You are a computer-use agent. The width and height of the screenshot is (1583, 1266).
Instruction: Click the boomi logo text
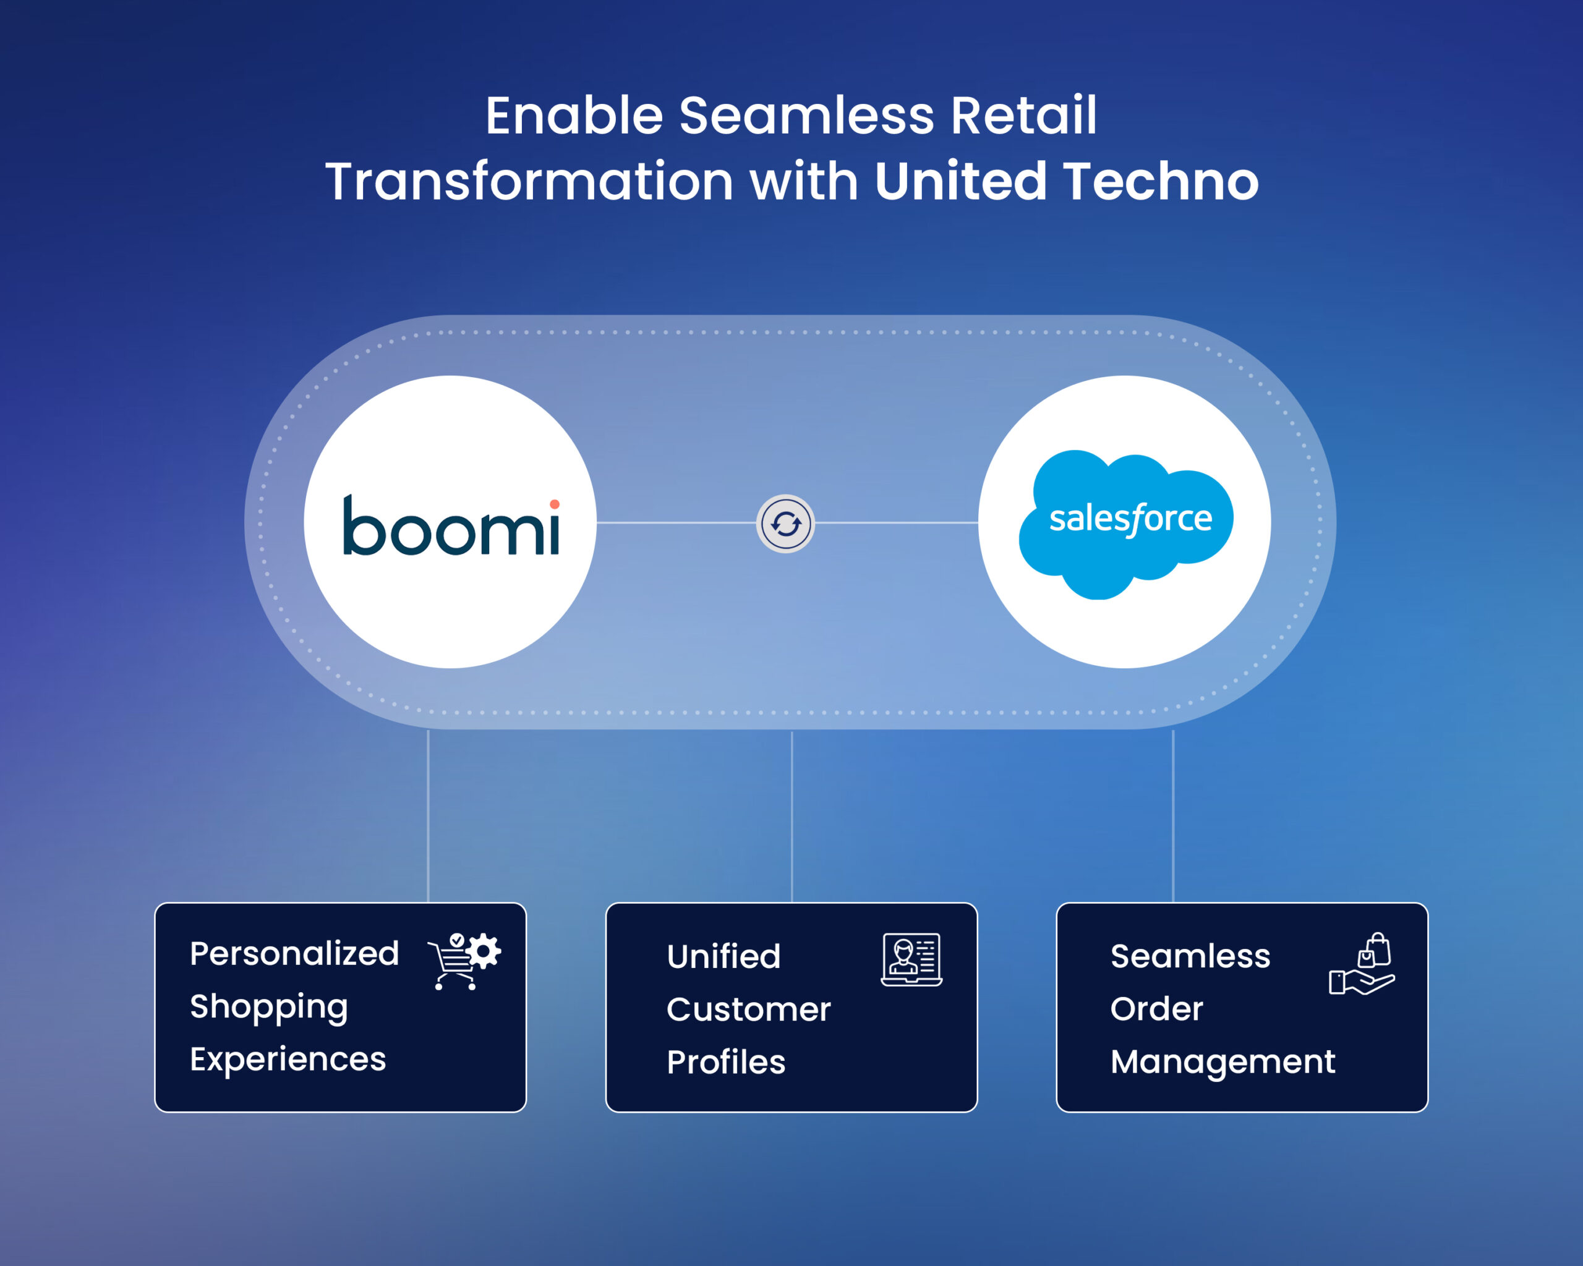click(x=450, y=525)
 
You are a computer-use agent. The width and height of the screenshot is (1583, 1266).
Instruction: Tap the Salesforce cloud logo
click(x=1126, y=522)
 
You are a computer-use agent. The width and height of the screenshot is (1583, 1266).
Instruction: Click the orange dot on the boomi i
click(x=554, y=504)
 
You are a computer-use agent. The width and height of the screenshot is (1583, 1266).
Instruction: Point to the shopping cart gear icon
click(x=464, y=960)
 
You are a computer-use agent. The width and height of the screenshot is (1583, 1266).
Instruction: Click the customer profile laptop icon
click(x=911, y=959)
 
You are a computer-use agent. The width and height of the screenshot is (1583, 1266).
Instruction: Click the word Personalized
click(x=294, y=954)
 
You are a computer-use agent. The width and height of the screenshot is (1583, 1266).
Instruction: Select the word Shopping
click(x=269, y=1007)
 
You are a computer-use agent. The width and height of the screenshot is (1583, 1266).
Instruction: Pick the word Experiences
click(x=287, y=1059)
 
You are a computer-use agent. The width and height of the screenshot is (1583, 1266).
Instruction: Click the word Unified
click(x=723, y=956)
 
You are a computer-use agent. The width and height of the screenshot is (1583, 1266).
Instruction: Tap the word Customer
click(x=748, y=1009)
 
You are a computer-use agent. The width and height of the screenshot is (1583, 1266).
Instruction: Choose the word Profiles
click(x=725, y=1062)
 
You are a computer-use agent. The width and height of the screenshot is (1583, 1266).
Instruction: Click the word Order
click(x=1156, y=1009)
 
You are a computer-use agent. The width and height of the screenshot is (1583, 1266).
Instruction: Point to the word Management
click(x=1222, y=1062)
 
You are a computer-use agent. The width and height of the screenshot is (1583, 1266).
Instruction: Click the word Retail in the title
click(x=1023, y=116)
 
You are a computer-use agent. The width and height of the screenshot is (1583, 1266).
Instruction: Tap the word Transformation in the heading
click(x=529, y=181)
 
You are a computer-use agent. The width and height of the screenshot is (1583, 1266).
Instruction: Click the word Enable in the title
click(x=573, y=116)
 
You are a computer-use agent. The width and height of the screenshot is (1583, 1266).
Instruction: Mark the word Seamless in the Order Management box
click(x=1190, y=956)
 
